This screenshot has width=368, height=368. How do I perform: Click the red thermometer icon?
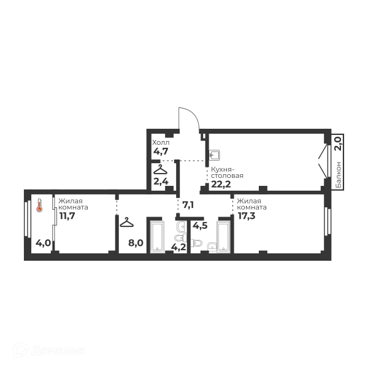(x=39, y=205)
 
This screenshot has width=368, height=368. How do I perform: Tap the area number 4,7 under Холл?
(x=161, y=151)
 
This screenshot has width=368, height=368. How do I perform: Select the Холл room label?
(x=161, y=142)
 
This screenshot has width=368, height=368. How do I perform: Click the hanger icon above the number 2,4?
(x=161, y=170)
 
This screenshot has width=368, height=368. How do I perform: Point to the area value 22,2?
(x=221, y=184)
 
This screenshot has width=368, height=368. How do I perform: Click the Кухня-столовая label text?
(x=227, y=172)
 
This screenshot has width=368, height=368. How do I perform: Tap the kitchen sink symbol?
(x=215, y=155)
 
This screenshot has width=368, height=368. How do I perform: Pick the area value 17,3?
(x=247, y=216)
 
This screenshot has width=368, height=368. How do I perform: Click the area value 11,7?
(x=67, y=215)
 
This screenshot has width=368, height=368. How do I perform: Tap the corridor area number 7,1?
(x=188, y=205)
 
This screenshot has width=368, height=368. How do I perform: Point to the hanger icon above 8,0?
(x=126, y=222)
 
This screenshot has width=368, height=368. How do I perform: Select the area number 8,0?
(x=136, y=243)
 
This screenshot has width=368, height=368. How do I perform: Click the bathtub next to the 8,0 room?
(x=157, y=236)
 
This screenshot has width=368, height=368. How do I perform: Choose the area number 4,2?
(x=178, y=247)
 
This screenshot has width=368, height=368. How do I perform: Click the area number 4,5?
(x=200, y=226)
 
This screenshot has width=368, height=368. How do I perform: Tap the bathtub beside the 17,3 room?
(x=224, y=236)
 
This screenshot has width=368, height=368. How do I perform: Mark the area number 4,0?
(x=43, y=243)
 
